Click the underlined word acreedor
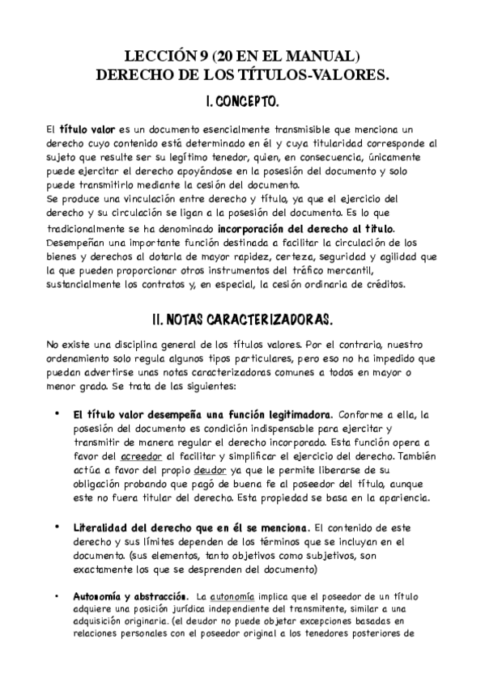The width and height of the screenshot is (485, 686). [x=131, y=455]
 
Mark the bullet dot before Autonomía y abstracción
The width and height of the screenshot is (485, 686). [x=56, y=596]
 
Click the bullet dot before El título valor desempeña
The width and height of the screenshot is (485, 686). [x=56, y=413]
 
